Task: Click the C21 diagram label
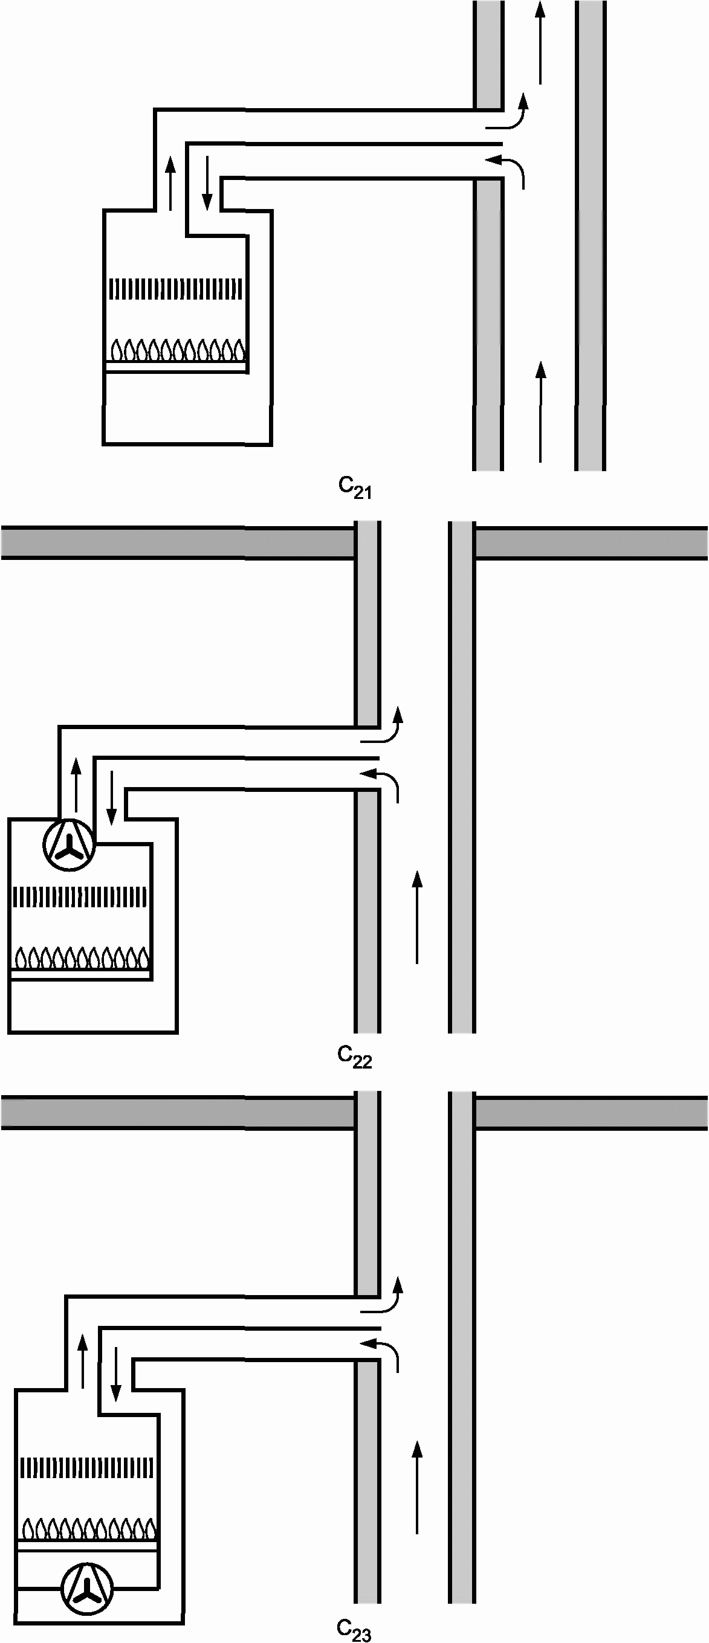pyautogui.click(x=355, y=488)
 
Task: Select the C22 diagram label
pyautogui.click(x=355, y=1056)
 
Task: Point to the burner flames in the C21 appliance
pyautogui.click(x=176, y=350)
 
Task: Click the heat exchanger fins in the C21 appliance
pyautogui.click(x=176, y=289)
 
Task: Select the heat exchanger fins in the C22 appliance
pyautogui.click(x=80, y=898)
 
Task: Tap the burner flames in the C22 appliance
pyautogui.click(x=82, y=957)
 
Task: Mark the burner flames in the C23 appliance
pyautogui.click(x=89, y=1529)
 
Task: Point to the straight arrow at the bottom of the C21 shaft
pyautogui.click(x=540, y=411)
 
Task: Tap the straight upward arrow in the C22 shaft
pyautogui.click(x=417, y=916)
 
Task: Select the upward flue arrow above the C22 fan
pyautogui.click(x=76, y=785)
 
